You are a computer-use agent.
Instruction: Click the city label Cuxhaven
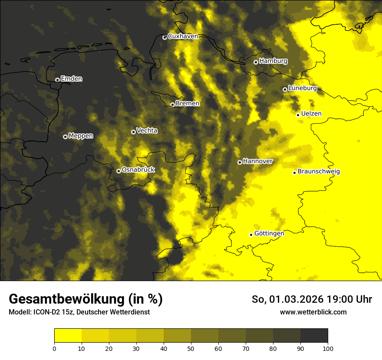tap(183, 36)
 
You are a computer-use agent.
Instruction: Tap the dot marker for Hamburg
tap(256, 62)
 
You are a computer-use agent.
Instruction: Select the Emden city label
tap(72, 79)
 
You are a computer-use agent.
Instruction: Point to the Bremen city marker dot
tap(172, 105)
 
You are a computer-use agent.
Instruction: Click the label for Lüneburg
tap(303, 88)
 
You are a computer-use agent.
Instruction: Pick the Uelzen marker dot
tap(298, 115)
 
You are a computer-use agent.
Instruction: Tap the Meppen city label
tap(81, 136)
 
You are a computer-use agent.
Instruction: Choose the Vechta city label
tap(147, 131)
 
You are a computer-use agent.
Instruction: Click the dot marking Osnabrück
tap(119, 171)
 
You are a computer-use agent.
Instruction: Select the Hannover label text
tap(258, 161)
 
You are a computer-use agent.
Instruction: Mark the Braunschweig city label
tap(319, 172)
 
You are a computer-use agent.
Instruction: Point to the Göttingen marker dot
tap(251, 235)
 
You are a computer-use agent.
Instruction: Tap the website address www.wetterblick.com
tap(313, 312)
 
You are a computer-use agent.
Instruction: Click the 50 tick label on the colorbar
tap(191, 348)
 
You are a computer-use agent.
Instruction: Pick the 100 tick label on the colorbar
tap(328, 348)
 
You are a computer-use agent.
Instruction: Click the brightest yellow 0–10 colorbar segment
tap(68, 336)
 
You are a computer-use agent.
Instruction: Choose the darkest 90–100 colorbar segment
tap(314, 336)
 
